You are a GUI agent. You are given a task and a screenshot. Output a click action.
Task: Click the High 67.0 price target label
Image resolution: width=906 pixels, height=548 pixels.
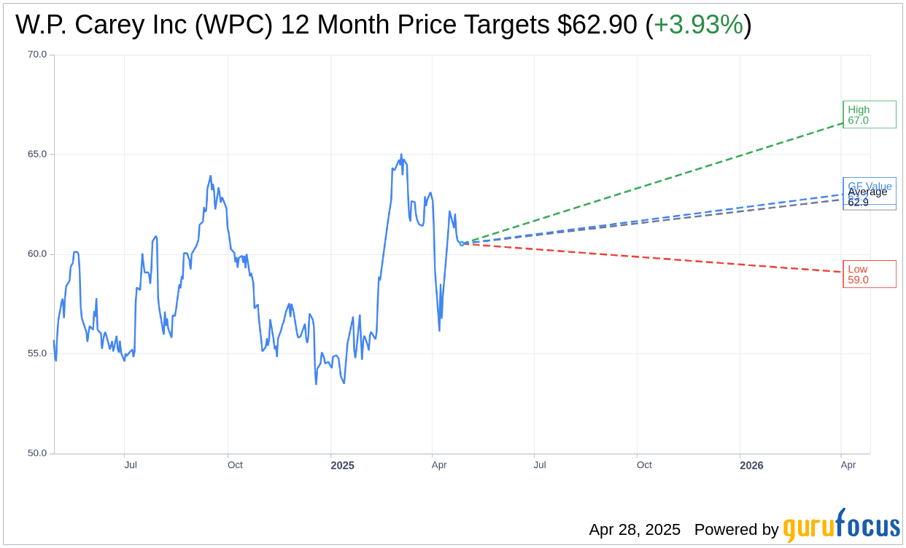point(869,114)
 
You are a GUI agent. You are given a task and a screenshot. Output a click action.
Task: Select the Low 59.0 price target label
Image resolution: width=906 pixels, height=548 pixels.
point(869,274)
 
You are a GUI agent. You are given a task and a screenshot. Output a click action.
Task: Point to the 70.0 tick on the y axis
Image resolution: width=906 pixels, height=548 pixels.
point(36,55)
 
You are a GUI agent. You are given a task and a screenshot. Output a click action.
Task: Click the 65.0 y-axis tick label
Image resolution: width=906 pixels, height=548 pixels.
point(36,154)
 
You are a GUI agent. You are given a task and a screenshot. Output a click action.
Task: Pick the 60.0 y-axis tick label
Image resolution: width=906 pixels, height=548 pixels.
point(36,254)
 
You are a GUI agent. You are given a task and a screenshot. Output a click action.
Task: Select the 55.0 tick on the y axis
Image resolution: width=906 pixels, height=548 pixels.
point(36,353)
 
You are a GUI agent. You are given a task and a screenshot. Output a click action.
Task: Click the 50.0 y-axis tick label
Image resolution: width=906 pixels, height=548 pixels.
point(36,453)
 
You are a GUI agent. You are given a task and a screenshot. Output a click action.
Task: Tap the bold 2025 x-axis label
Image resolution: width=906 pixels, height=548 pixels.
point(341,465)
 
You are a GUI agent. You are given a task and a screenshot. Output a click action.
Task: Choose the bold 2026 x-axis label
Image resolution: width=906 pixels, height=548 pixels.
point(751,465)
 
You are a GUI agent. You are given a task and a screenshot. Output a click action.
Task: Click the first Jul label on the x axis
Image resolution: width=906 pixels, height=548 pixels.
point(131,465)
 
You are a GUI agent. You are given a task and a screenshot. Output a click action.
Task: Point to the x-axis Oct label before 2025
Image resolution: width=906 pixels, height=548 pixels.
point(235,465)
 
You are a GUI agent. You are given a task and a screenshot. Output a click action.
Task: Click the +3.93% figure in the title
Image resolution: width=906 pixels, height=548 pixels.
point(698,26)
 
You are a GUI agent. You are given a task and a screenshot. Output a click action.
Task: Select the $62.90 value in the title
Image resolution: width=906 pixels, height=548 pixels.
point(597,26)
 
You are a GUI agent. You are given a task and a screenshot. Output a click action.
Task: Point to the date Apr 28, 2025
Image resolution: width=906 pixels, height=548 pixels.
point(635,530)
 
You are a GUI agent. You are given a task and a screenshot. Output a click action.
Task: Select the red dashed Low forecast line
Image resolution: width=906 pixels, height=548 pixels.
point(657,258)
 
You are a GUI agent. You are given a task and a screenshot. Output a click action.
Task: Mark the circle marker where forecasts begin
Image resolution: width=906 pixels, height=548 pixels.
point(462,243)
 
